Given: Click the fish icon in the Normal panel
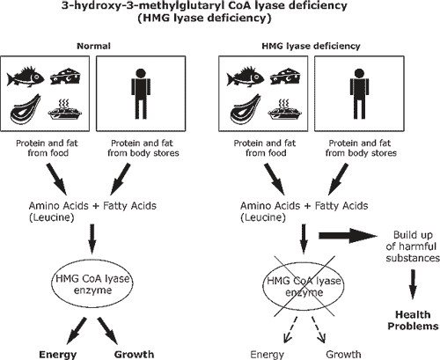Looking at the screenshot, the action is pyautogui.click(x=26, y=77).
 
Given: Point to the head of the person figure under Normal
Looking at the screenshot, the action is pyautogui.click(x=141, y=74).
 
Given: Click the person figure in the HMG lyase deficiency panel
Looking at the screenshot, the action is pyautogui.click(x=359, y=94).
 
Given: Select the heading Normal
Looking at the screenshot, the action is pyautogui.click(x=94, y=46).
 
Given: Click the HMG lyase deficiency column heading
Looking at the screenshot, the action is pyautogui.click(x=311, y=46).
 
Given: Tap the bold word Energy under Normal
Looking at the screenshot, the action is pyautogui.click(x=58, y=355).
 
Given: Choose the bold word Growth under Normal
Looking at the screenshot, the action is pyautogui.click(x=134, y=355).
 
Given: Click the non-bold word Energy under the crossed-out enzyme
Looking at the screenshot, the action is pyautogui.click(x=268, y=355).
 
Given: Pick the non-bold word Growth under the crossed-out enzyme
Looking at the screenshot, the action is pyautogui.click(x=343, y=355).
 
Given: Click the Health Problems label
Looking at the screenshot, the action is pyautogui.click(x=413, y=320).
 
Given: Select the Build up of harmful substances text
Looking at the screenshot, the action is pyautogui.click(x=413, y=246).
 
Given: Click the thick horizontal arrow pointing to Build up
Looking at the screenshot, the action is pyautogui.click(x=348, y=236).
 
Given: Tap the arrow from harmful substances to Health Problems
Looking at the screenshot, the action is pyautogui.click(x=413, y=284).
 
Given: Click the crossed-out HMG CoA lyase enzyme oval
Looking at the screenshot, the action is pyautogui.click(x=304, y=287).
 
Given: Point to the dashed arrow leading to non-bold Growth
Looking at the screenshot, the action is pyautogui.click(x=319, y=329).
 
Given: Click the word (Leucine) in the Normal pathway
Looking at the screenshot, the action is pyautogui.click(x=52, y=217).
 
